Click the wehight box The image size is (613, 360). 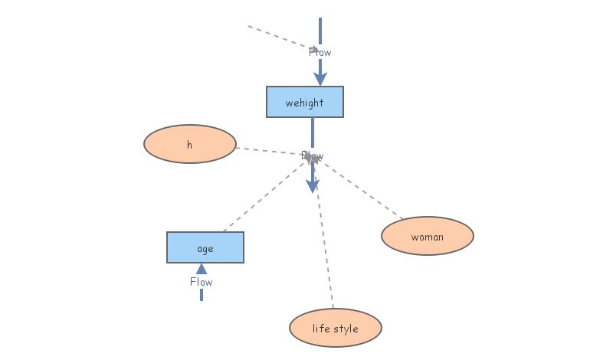pyautogui.click(x=304, y=102)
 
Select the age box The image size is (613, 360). pyautogui.click(x=205, y=247)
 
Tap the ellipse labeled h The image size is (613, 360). pyautogui.click(x=189, y=144)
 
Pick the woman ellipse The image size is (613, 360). pyautogui.click(x=427, y=236)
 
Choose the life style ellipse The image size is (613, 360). pyautogui.click(x=335, y=328)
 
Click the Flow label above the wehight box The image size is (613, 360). pyautogui.click(x=320, y=52)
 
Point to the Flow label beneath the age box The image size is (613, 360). pyautogui.click(x=201, y=281)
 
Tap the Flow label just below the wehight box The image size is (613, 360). pyautogui.click(x=312, y=155)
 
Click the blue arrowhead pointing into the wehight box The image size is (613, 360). pyautogui.click(x=320, y=77)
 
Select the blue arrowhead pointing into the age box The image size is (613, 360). pyautogui.click(x=201, y=268)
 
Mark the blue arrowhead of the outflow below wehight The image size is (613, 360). pyautogui.click(x=312, y=185)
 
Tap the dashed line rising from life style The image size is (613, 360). pyautogui.click(x=325, y=245)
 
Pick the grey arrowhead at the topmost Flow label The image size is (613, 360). pyautogui.click(x=313, y=49)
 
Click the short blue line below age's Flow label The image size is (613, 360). pyautogui.click(x=201, y=295)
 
